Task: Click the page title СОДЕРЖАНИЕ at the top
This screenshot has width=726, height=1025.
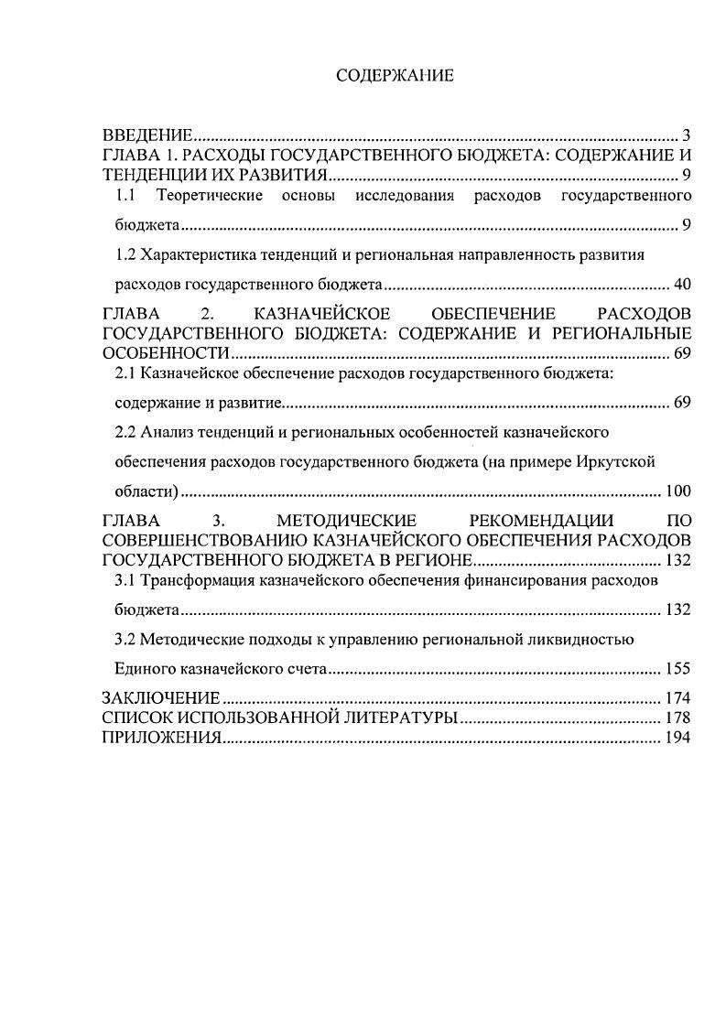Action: click(395, 76)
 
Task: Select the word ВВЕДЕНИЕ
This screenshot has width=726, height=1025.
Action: click(146, 136)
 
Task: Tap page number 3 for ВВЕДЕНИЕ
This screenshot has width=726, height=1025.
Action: click(686, 136)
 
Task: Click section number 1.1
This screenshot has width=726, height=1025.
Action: click(125, 196)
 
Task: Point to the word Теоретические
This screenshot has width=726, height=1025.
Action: click(210, 196)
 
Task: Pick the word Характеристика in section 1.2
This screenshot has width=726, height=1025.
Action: click(192, 254)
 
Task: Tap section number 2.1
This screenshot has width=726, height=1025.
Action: click(125, 373)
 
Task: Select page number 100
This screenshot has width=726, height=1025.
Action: click(678, 491)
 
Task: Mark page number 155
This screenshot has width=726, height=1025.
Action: click(678, 669)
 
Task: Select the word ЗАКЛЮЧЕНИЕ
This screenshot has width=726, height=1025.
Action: click(161, 699)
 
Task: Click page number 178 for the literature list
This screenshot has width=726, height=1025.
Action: click(678, 718)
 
